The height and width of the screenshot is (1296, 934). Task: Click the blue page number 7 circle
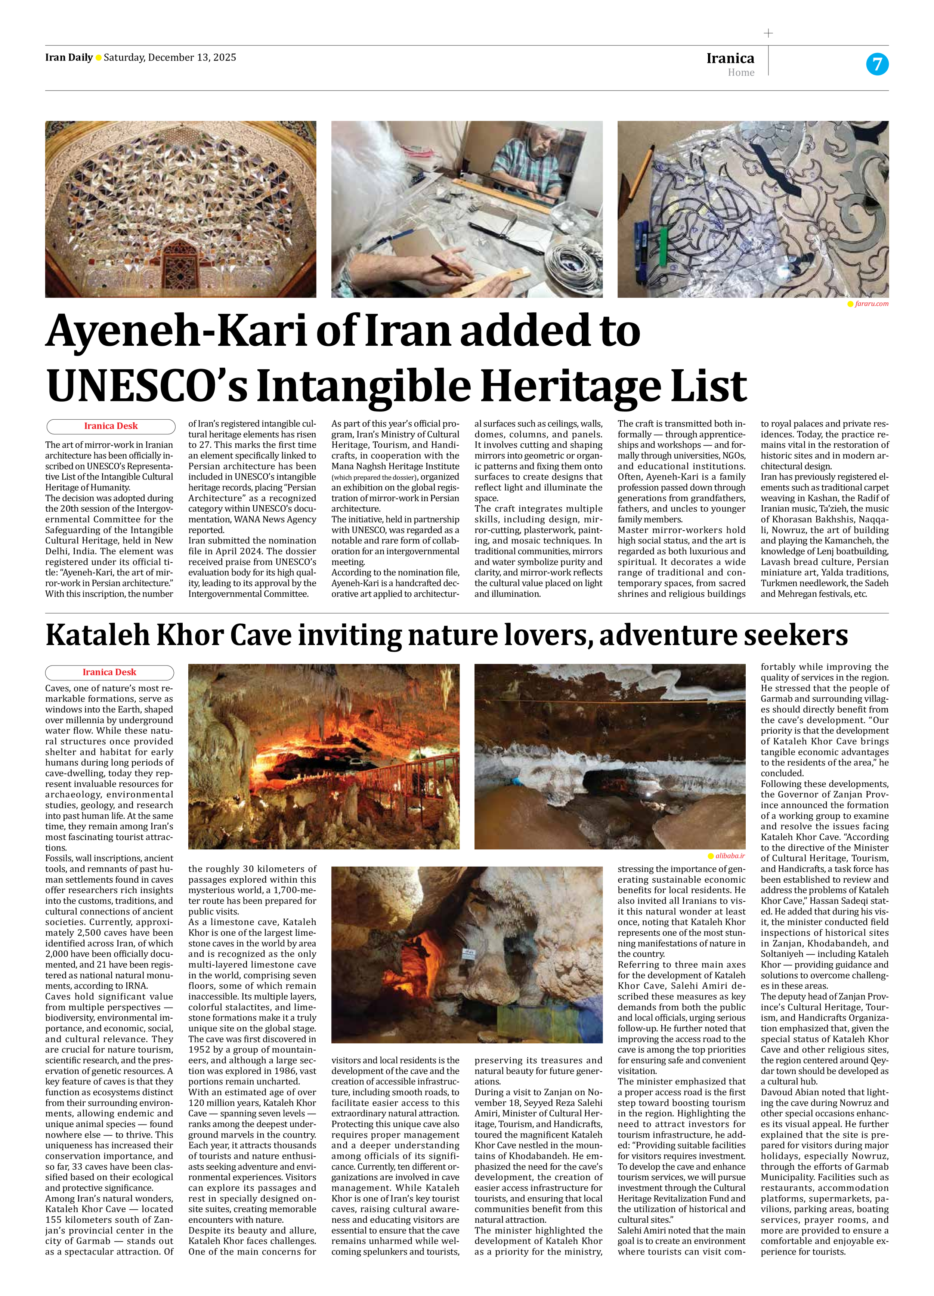pyautogui.click(x=877, y=64)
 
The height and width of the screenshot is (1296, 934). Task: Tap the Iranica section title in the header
pyautogui.click(x=730, y=58)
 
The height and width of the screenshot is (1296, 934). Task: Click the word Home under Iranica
pyautogui.click(x=741, y=72)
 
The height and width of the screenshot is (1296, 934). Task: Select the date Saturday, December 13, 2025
pyautogui.click(x=170, y=57)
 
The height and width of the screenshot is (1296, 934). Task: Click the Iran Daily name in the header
pyautogui.click(x=68, y=57)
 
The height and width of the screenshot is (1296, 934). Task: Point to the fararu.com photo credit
pyautogui.click(x=871, y=304)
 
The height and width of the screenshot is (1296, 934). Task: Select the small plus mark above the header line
pyautogui.click(x=768, y=33)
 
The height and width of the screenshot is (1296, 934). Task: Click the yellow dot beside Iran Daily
pyautogui.click(x=98, y=58)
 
